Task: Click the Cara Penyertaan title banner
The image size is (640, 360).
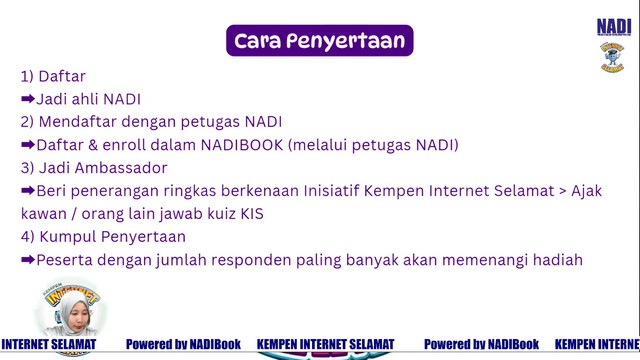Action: tap(320, 40)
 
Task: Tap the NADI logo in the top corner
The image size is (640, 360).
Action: tap(614, 27)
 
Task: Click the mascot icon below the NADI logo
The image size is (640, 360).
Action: tap(612, 57)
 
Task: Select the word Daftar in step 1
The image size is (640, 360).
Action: tap(62, 76)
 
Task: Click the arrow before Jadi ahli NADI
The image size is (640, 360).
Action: tap(28, 99)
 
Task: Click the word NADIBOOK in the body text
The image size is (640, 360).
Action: tap(242, 145)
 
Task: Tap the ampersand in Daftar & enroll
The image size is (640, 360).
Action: tap(93, 145)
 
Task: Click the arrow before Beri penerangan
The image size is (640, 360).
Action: tap(28, 190)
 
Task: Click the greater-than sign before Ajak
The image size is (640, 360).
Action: tap(562, 191)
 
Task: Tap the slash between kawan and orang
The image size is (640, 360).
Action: tap(74, 214)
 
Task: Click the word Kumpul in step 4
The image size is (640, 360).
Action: tap(68, 237)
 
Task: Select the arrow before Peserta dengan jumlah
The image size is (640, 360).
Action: tap(28, 260)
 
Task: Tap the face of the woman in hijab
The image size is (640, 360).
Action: tap(76, 316)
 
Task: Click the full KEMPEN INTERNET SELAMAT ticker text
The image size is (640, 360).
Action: tap(325, 344)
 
